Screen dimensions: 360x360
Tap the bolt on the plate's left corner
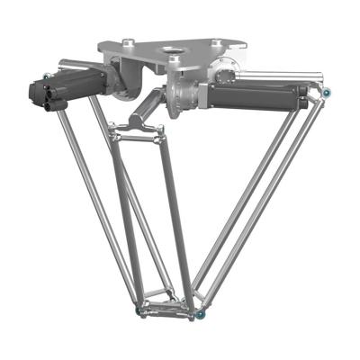coord(128,40)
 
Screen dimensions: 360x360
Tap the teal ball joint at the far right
coord(326,92)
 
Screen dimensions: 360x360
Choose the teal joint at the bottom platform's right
coord(203,314)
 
